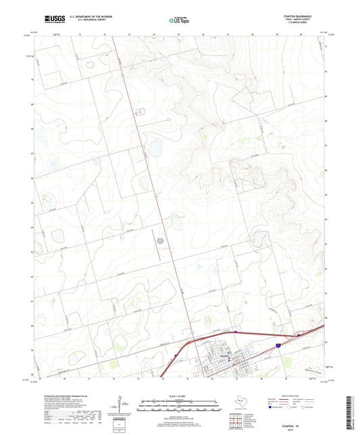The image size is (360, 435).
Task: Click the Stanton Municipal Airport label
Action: pyautogui.click(x=161, y=240)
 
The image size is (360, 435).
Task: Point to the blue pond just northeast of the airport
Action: pyautogui.click(x=176, y=222)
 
